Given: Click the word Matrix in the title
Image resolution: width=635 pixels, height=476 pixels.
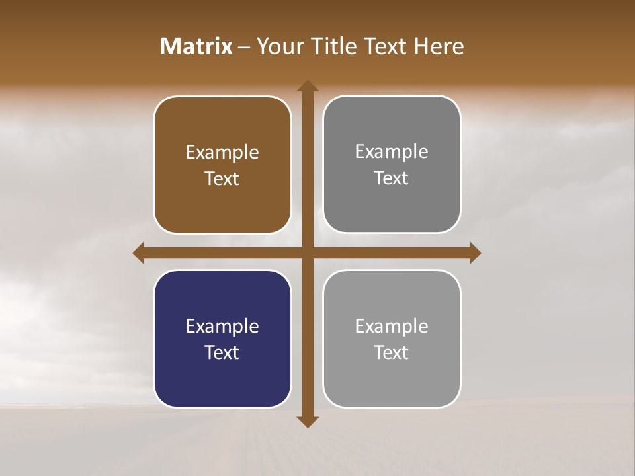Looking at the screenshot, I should pos(196,46).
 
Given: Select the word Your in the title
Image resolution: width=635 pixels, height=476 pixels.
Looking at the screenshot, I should pos(276,46).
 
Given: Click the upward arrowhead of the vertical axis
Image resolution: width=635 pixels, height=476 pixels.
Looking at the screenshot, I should pos(308,87).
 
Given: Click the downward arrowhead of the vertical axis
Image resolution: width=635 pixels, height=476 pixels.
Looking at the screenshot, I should pos(308,421).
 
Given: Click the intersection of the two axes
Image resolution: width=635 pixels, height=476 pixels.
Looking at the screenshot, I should pos(308,253).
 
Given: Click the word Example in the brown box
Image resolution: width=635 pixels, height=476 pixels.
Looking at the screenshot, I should pos(222,153).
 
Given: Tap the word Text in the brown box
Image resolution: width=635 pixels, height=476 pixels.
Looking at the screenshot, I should pos(222,179).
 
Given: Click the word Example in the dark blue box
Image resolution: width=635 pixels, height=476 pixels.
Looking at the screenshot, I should pos(222,327).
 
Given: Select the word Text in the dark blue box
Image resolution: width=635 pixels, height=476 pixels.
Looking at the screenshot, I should pos(222,353).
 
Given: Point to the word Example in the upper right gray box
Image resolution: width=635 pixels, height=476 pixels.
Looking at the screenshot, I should pos(392,152).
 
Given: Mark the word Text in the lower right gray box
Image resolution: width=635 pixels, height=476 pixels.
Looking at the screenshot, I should pos(392,353).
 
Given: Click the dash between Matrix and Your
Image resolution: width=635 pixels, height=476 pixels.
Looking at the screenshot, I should pos(244,47).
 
